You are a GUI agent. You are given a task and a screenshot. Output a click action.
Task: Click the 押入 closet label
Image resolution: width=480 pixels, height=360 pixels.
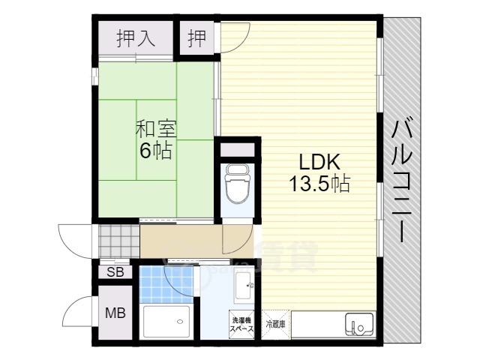click(136, 38)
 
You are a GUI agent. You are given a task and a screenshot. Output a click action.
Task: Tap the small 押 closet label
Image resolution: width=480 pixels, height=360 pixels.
click(196, 38)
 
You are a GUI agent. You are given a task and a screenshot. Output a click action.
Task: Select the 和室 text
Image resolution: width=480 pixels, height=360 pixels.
click(156, 128)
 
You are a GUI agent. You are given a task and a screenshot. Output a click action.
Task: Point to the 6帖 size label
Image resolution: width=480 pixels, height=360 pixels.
click(156, 151)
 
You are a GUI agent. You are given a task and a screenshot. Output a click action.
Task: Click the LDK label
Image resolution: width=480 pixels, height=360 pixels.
click(320, 162)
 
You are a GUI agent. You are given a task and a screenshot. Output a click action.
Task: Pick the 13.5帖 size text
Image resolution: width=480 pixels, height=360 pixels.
click(320, 184)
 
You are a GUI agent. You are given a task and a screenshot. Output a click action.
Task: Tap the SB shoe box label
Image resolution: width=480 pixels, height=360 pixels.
click(115, 271)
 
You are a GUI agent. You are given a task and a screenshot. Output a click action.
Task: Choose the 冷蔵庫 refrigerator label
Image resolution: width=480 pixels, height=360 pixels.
click(274, 324)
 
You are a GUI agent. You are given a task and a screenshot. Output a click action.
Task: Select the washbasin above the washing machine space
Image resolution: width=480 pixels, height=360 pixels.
click(244, 285)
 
